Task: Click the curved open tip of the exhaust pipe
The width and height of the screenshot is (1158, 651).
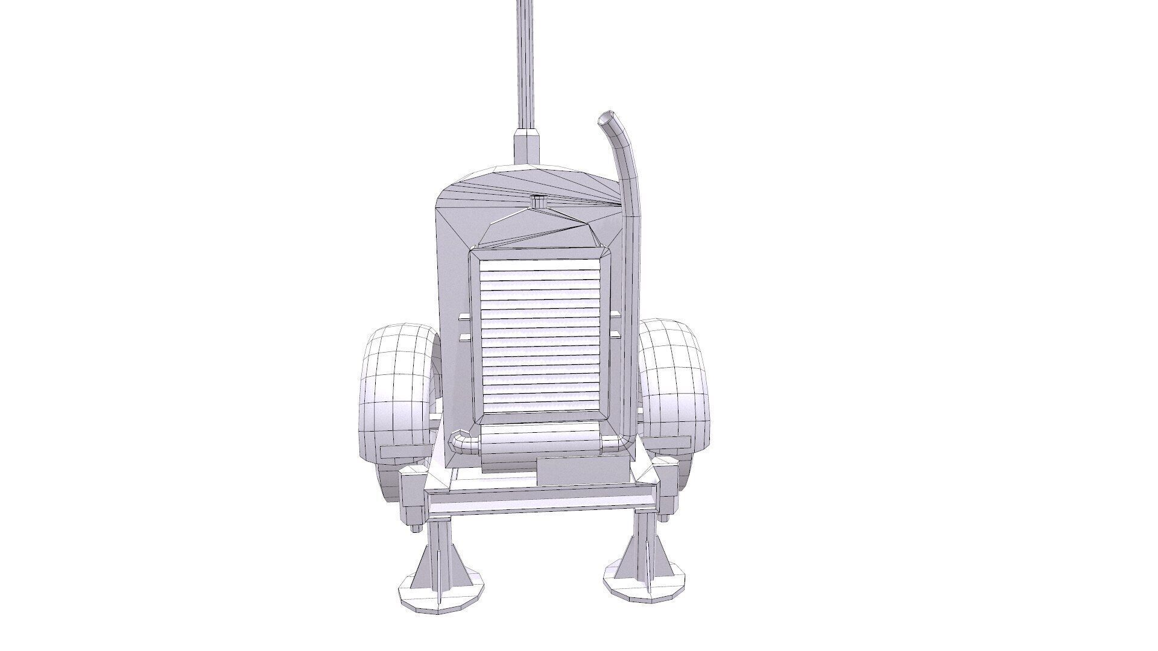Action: [x=605, y=118]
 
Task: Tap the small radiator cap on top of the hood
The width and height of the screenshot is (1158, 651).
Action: [x=539, y=202]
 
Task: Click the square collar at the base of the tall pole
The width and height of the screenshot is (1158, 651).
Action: [x=526, y=147]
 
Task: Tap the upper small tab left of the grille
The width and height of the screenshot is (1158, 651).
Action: [x=463, y=316]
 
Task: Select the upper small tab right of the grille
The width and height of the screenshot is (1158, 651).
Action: [x=616, y=313]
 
